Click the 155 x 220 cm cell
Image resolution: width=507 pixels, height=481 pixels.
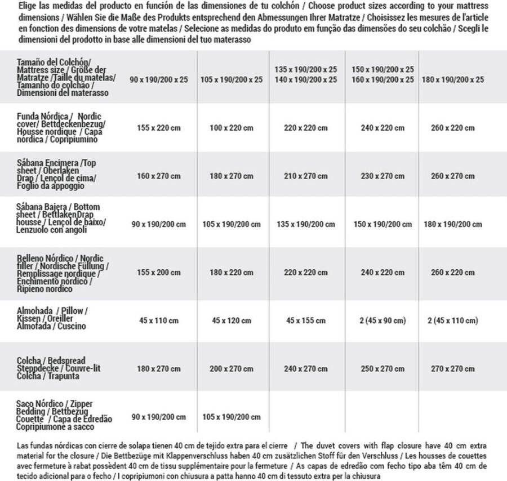[159, 128]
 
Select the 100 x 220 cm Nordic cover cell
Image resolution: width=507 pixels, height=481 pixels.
[231, 128]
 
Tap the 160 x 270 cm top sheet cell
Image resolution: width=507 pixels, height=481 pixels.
[159, 176]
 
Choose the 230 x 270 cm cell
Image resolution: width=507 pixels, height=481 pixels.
[383, 176]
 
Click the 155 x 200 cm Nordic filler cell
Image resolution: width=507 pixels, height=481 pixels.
[159, 272]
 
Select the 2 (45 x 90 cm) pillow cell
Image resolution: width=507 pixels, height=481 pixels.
[383, 320]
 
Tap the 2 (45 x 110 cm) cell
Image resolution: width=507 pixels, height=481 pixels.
[453, 320]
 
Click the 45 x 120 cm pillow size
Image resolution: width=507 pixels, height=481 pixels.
[231, 320]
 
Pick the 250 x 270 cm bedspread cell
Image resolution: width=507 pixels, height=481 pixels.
[383, 368]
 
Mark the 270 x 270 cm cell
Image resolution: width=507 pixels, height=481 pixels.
[453, 368]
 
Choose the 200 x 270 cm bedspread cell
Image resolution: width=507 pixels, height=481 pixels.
[231, 368]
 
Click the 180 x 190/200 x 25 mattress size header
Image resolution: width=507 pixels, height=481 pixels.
[453, 79]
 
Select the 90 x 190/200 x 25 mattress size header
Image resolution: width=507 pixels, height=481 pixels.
[159, 79]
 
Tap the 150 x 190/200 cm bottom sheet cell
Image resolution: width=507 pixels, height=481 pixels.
[383, 224]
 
